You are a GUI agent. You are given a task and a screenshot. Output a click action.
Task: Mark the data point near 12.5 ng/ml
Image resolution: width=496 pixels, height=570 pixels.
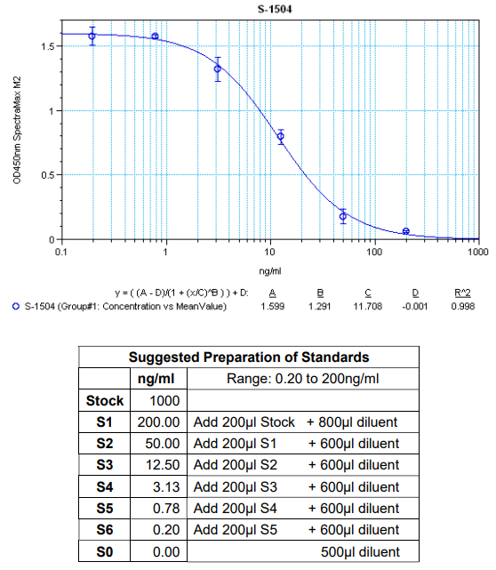pos(280,136)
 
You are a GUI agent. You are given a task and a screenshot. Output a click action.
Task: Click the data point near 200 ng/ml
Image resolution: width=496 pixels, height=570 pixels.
pos(406,231)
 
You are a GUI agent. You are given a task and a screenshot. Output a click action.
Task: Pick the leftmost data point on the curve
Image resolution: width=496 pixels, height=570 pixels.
pos(92,36)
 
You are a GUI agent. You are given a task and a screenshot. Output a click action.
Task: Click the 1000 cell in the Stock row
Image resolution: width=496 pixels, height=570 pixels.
pos(156,401)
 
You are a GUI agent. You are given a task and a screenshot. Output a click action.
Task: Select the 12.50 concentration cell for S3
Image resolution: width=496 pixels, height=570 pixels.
pos(156,465)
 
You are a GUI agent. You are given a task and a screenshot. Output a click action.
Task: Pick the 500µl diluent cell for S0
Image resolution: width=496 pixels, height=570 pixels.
pos(359,551)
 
